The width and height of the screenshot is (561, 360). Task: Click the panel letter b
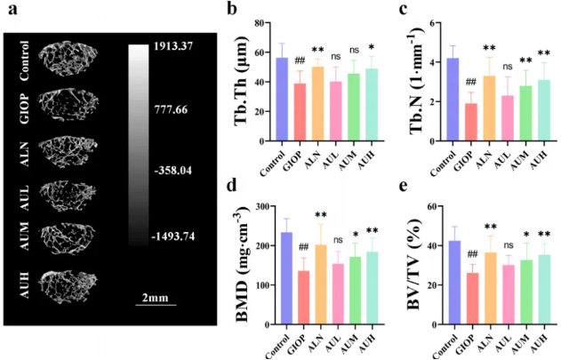tap(232, 12)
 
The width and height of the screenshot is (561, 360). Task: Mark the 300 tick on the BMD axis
tap(261, 207)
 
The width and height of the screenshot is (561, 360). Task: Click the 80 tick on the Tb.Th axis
tap(264, 24)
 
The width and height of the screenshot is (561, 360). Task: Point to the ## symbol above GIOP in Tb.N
tap(470, 84)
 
